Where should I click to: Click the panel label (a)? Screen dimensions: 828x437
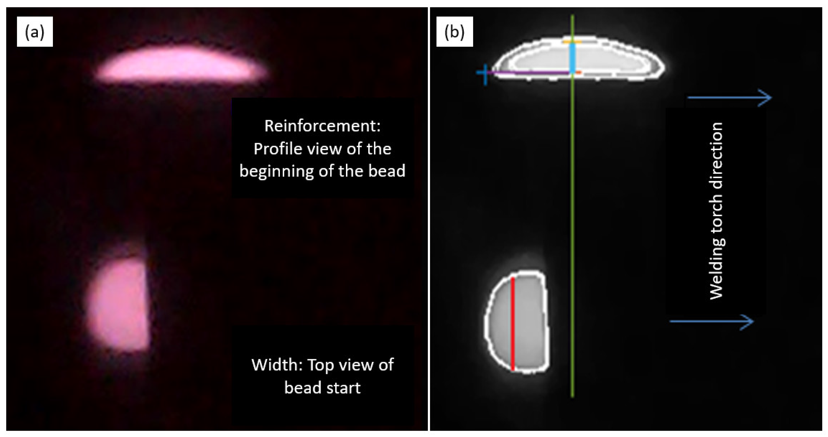coord(35,32)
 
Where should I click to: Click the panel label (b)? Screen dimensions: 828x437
coord(454,32)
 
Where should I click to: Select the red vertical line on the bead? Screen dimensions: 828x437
coord(513,325)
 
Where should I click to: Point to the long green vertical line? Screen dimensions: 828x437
coord(572,225)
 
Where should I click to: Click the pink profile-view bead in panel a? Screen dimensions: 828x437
coord(182,65)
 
